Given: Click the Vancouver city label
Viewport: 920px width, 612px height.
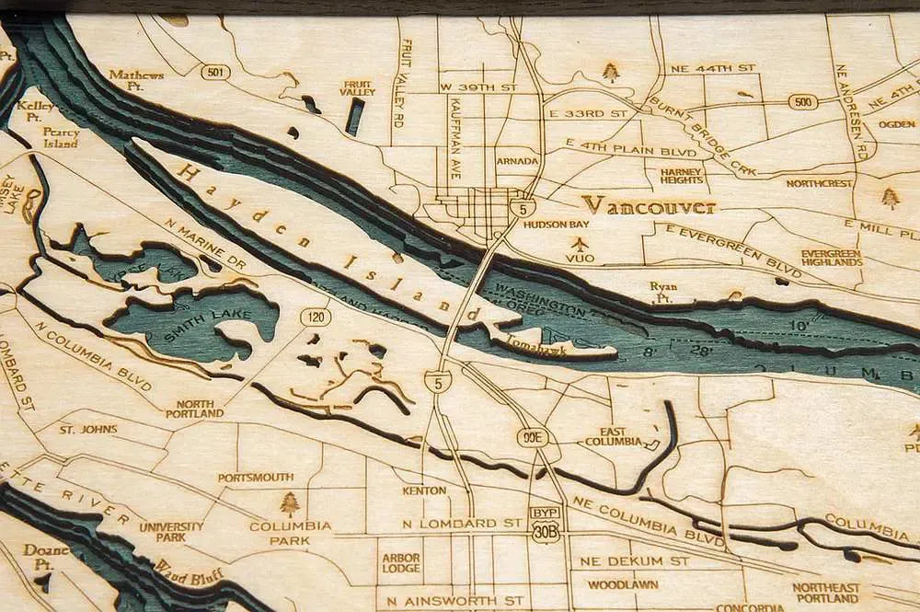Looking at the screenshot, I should click(x=650, y=205).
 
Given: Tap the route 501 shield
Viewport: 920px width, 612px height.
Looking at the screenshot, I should click(x=214, y=72).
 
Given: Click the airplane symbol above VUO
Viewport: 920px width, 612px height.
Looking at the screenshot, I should click(x=580, y=244).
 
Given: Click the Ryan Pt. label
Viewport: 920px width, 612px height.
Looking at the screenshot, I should click(x=663, y=291).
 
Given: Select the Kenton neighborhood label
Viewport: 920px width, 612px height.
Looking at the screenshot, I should click(x=424, y=491).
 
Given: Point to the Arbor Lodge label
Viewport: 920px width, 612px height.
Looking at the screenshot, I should click(x=400, y=563).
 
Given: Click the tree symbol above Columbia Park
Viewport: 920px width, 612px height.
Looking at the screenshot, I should click(x=290, y=502).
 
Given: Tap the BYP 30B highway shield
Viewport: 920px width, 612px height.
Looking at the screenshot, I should click(x=546, y=525).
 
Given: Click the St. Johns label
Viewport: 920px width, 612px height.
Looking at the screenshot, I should click(x=88, y=429).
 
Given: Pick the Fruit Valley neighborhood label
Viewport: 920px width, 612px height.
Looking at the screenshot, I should click(x=357, y=87).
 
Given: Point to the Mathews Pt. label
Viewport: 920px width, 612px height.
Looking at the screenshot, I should click(x=136, y=79).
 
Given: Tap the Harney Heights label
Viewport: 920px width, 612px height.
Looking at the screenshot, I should click(x=682, y=174).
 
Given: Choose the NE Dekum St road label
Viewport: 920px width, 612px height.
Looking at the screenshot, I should click(x=629, y=560).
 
